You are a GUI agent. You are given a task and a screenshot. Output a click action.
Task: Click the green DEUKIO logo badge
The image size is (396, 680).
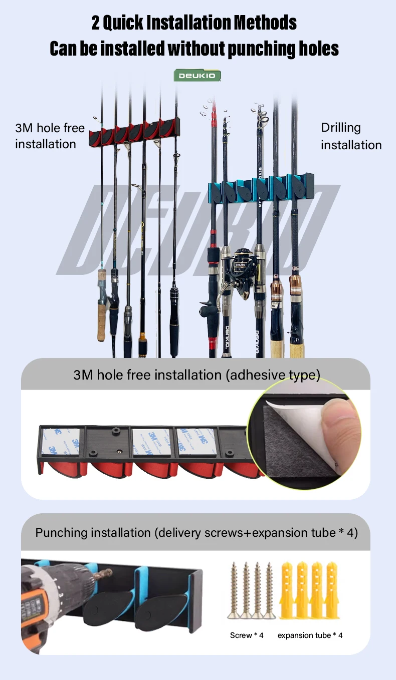(x=197, y=76)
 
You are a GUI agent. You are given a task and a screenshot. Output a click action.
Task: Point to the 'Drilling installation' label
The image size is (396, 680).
(x=351, y=136)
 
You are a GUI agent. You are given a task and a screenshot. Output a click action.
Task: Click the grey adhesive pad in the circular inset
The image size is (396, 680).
(x=296, y=441)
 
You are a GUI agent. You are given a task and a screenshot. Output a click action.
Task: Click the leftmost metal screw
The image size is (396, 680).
(x=234, y=590)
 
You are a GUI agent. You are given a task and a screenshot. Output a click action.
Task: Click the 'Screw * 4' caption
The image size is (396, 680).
(x=247, y=635)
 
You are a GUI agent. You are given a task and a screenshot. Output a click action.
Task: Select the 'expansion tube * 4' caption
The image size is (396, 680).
(x=310, y=635)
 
